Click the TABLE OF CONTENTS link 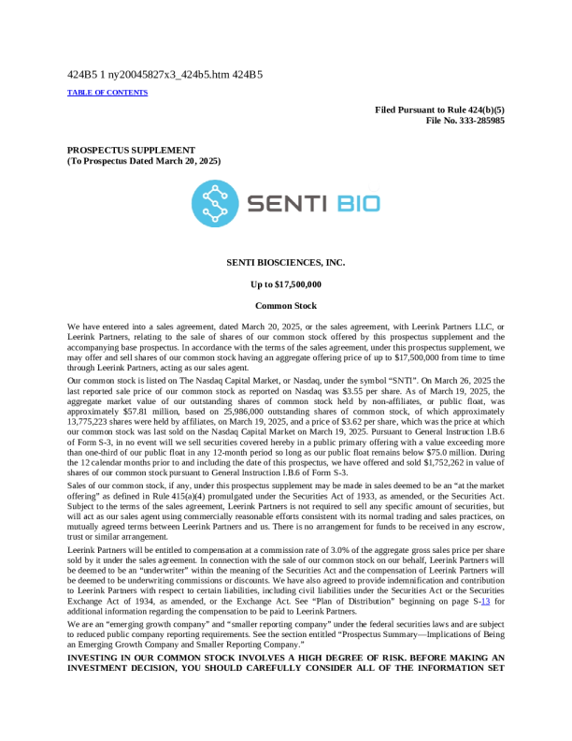tap(107, 93)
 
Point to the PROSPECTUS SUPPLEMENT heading tap(131, 150)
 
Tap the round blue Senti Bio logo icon tap(215, 203)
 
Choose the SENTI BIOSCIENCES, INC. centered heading tap(285, 263)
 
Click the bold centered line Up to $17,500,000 tap(285, 284)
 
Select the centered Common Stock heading tap(285, 306)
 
